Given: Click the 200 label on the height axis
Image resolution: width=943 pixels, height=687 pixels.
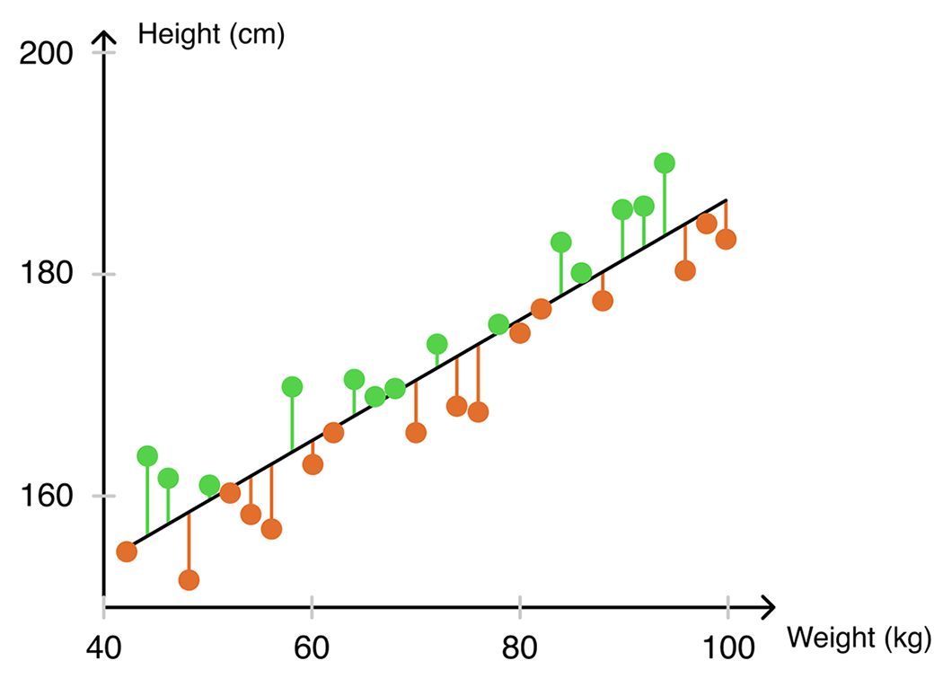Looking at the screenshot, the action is (46, 54).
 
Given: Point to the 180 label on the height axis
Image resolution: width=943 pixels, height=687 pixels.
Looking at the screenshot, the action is (46, 273).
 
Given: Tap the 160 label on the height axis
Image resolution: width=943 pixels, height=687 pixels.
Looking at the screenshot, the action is (46, 496).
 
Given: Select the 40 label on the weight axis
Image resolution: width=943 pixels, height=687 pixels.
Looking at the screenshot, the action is (103, 647).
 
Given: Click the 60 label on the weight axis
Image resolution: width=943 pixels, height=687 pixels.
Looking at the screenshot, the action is (312, 647).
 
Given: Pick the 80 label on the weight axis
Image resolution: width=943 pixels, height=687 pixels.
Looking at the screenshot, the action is (520, 647).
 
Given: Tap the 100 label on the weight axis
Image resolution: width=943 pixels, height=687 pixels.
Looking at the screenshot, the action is (728, 647).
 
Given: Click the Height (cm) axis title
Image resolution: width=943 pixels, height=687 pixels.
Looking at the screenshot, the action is (211, 35).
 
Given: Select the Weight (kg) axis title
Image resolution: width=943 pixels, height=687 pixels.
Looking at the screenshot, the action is (859, 639).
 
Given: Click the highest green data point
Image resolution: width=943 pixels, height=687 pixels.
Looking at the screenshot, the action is (664, 163).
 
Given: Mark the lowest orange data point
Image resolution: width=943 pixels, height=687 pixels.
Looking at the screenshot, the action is (189, 580).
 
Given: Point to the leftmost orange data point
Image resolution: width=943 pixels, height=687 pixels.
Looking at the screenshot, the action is (127, 551).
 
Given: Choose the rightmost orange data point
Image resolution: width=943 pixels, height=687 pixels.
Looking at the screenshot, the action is (726, 239).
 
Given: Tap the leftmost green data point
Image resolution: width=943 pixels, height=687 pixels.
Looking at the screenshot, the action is (147, 456).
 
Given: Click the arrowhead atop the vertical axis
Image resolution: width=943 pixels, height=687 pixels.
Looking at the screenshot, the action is (104, 39).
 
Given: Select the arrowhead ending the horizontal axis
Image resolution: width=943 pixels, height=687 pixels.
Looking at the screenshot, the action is (768, 608).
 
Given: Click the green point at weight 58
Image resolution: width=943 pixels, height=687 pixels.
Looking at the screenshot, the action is (292, 387).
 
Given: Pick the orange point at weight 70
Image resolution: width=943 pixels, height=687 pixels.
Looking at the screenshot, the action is (416, 433).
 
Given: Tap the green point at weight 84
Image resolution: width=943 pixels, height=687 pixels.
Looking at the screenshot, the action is (560, 242).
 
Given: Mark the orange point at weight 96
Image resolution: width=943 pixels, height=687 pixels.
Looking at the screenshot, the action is (685, 270).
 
